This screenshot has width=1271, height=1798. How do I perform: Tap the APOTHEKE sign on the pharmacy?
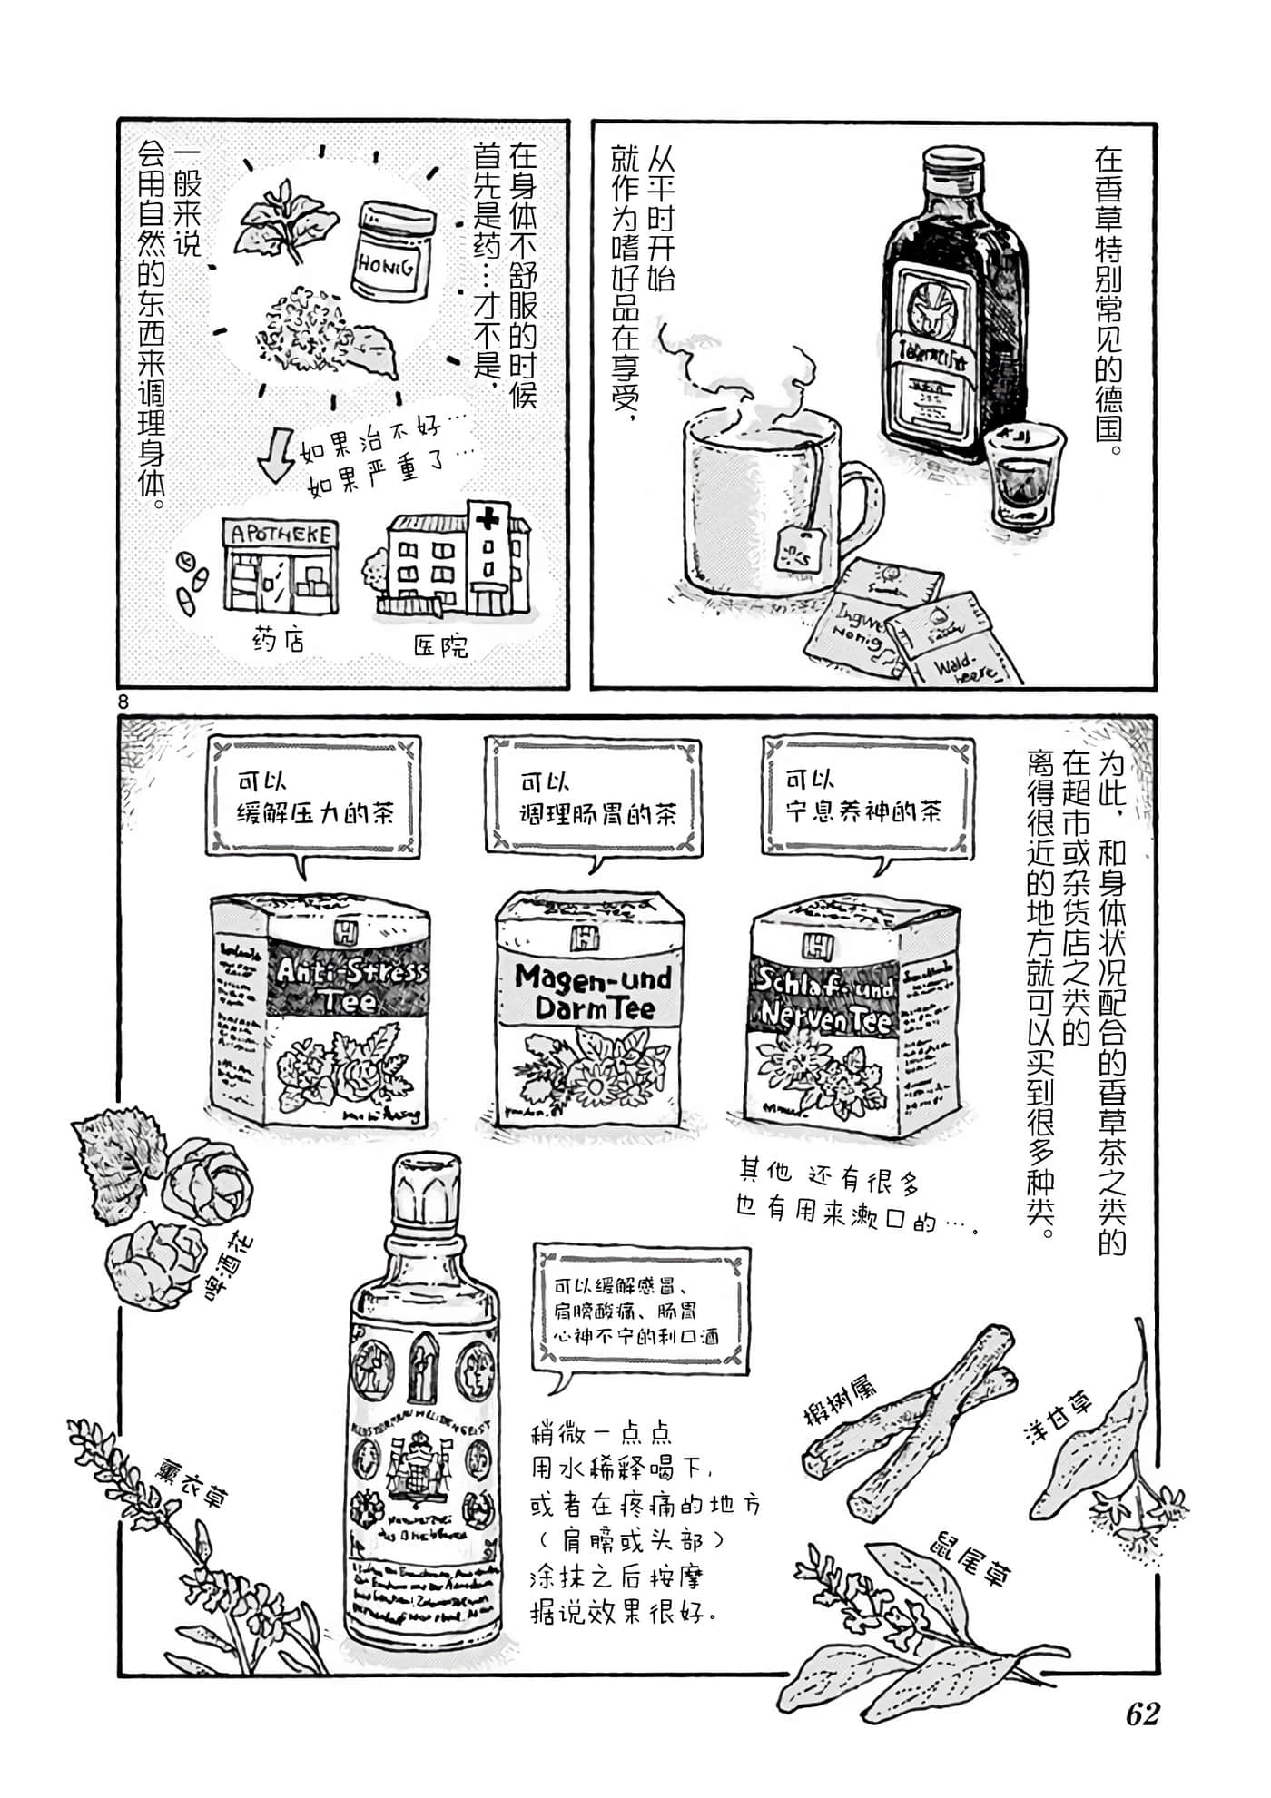coord(281,535)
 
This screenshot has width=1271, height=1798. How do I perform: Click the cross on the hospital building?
coord(488,520)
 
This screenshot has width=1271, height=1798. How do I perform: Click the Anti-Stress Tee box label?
coord(348,985)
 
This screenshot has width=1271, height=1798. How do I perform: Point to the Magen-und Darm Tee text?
coord(591,992)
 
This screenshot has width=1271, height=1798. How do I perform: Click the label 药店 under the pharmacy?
coord(277,641)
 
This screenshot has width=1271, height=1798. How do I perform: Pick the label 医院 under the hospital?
coord(441,645)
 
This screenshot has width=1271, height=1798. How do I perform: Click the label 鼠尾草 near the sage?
coord(969,1558)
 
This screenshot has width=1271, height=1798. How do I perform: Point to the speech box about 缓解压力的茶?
coord(314,795)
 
